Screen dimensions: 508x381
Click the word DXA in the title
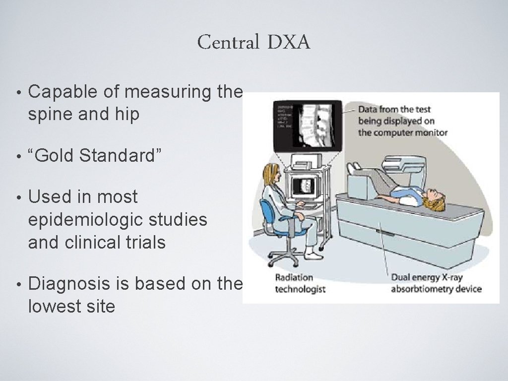[289, 43]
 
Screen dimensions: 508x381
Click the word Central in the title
[228, 43]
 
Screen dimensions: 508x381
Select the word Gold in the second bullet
[55, 156]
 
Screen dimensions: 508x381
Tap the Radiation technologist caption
[300, 283]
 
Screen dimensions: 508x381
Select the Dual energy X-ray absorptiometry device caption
[436, 283]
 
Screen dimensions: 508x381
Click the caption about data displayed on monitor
[402, 121]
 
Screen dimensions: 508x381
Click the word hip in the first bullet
[128, 115]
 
